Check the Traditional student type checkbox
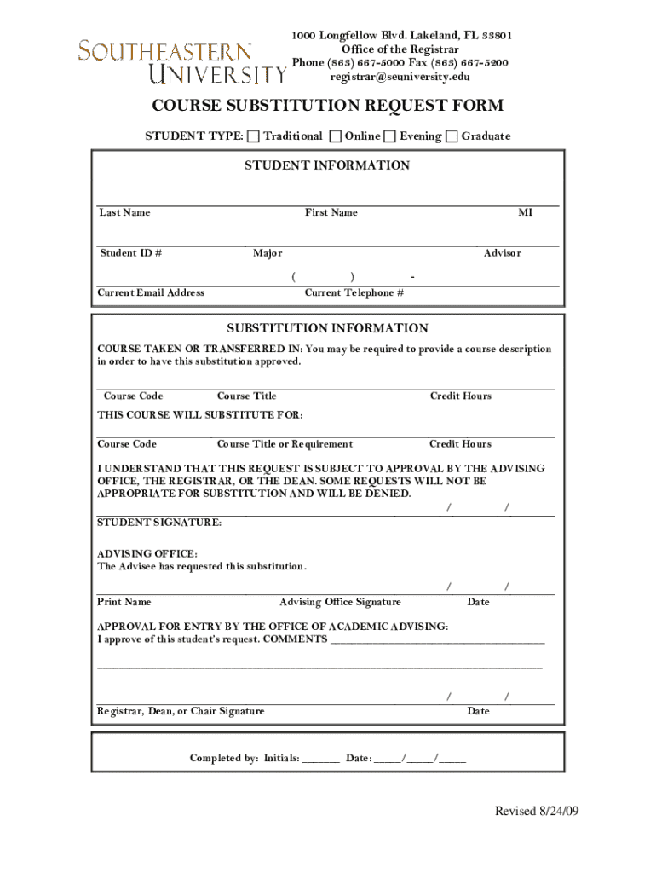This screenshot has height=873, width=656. [x=253, y=136]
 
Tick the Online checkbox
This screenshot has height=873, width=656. [x=336, y=136]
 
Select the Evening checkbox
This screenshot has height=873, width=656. [x=390, y=136]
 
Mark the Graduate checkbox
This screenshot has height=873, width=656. [x=452, y=136]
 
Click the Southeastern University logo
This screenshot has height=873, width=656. [x=182, y=61]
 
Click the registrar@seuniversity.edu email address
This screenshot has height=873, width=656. [x=400, y=77]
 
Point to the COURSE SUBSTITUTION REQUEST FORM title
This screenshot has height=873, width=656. [x=327, y=106]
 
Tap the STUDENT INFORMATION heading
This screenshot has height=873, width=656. [x=327, y=165]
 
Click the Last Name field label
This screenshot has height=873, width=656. [x=124, y=213]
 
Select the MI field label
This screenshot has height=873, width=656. [x=526, y=213]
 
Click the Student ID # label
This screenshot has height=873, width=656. [x=131, y=253]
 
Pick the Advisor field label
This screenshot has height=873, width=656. [x=503, y=253]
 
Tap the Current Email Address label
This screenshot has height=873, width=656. [x=151, y=293]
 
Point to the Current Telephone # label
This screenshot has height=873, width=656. [x=354, y=293]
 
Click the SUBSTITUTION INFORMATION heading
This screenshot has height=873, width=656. [x=327, y=328]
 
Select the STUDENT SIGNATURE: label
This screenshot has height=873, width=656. [x=159, y=523]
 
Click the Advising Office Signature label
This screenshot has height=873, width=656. [x=340, y=603]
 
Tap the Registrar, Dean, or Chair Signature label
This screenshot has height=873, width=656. [x=181, y=712]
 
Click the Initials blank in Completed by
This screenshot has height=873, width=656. [x=320, y=759]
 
